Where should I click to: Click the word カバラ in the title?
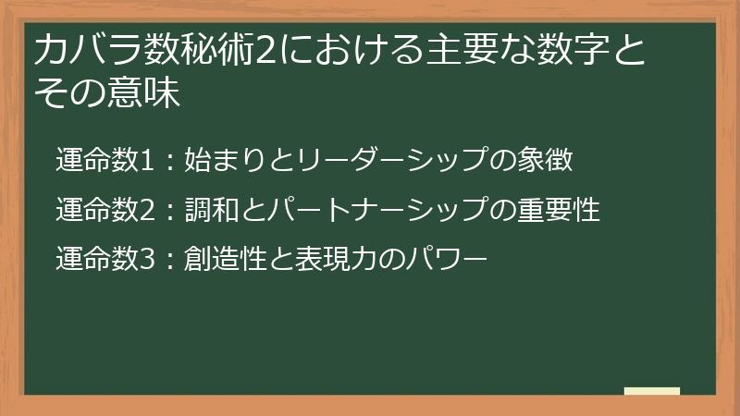click(78, 53)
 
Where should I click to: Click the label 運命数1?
click(103, 160)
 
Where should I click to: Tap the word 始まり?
click(215, 160)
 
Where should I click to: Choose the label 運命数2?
click(103, 210)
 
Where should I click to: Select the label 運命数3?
click(103, 260)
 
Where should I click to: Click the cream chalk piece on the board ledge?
click(651, 391)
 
